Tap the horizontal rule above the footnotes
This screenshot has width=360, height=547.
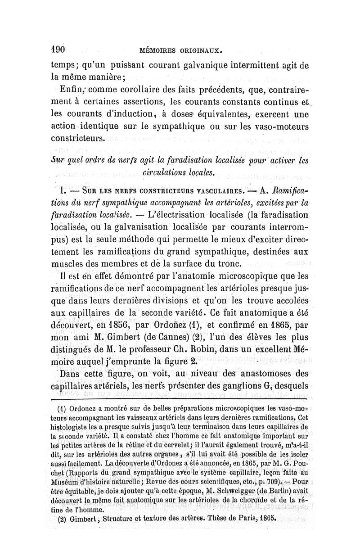pos(180,399)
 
